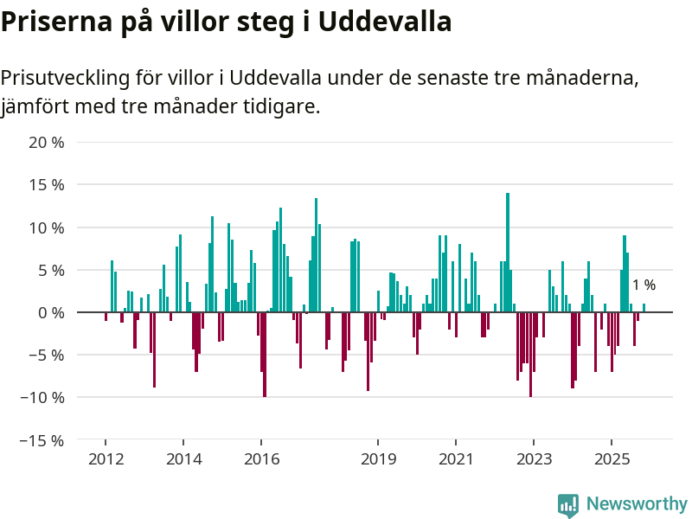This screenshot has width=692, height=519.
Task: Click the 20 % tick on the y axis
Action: pyautogui.click(x=47, y=142)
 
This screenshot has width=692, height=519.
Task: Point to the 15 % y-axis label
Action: pyautogui.click(x=47, y=184)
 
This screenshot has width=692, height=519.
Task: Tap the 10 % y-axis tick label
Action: pyautogui.click(x=47, y=227)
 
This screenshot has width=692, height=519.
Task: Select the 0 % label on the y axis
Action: pyautogui.click(x=51, y=312)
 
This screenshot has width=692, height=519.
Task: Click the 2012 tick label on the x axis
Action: pyautogui.click(x=106, y=458)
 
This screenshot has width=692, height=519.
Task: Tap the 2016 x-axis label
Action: pyautogui.click(x=262, y=458)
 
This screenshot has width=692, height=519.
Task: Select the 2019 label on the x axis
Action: pyautogui.click(x=378, y=458)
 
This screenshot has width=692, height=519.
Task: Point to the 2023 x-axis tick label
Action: pyautogui.click(x=534, y=458)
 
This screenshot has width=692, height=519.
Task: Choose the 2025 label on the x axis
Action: pyautogui.click(x=612, y=458)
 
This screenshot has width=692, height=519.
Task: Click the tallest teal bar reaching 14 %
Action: pyautogui.click(x=508, y=251)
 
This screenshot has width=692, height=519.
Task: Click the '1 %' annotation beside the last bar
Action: pyautogui.click(x=644, y=285)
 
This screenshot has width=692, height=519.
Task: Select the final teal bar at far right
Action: pyautogui.click(x=644, y=308)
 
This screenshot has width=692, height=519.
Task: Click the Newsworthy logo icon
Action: pyautogui.click(x=568, y=505)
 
